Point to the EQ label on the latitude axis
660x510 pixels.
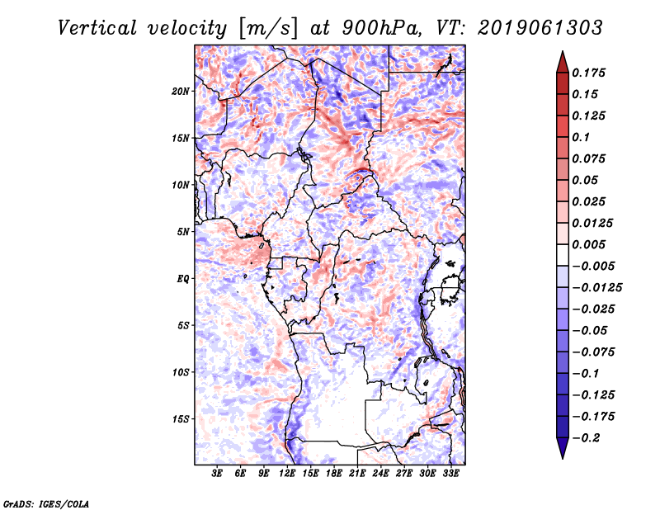pyautogui.click(x=183, y=279)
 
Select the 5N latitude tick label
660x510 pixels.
pyautogui.click(x=183, y=232)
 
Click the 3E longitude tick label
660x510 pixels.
pyautogui.click(x=218, y=474)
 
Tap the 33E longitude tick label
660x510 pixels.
pyautogui.click(x=450, y=474)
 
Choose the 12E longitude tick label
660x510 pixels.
pyautogui.click(x=288, y=474)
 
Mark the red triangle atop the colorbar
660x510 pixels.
pyautogui.click(x=562, y=60)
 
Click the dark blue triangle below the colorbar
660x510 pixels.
pyautogui.click(x=562, y=449)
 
